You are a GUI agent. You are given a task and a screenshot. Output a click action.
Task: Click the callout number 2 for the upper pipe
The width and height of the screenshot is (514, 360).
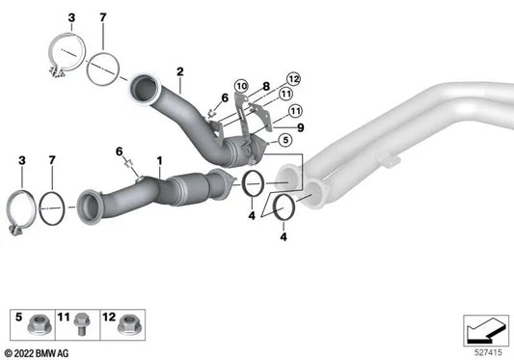[x=179, y=70]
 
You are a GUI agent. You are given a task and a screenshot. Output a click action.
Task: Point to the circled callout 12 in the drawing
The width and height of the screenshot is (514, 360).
[x=293, y=79]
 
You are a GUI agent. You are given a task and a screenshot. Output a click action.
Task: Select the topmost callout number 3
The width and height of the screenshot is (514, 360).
[x=70, y=19]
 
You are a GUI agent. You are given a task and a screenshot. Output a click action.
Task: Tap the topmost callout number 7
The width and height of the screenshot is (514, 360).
[x=103, y=19]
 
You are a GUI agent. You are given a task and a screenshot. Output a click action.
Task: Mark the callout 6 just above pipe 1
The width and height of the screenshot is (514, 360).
[x=121, y=152]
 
